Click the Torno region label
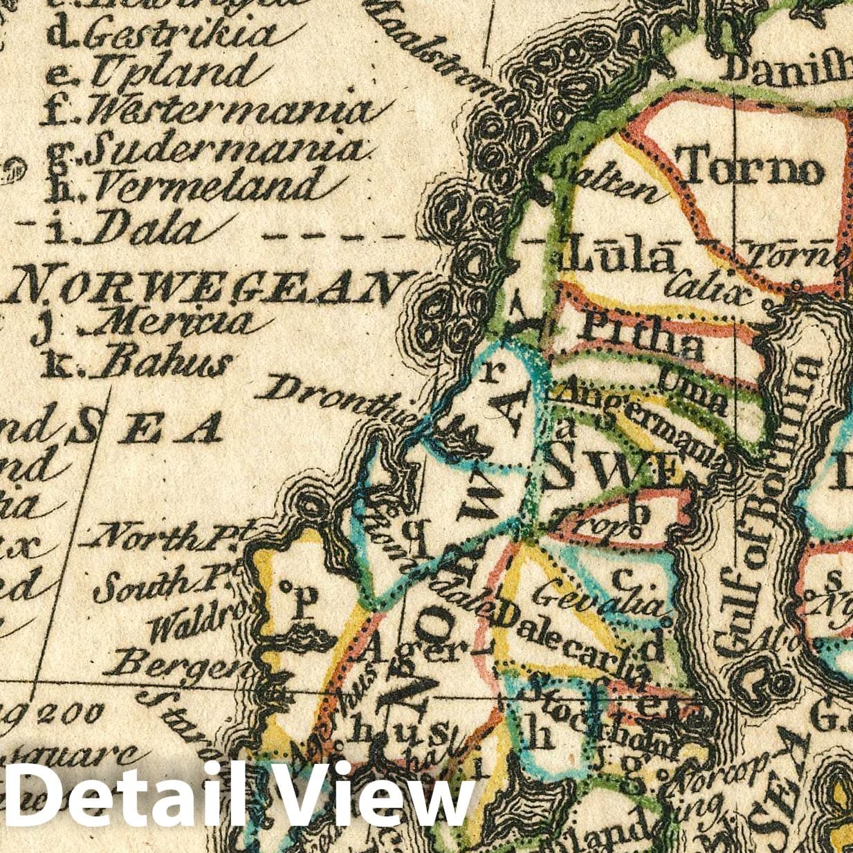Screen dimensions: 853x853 tap(752, 166)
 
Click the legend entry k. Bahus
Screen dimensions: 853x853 tap(136, 362)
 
